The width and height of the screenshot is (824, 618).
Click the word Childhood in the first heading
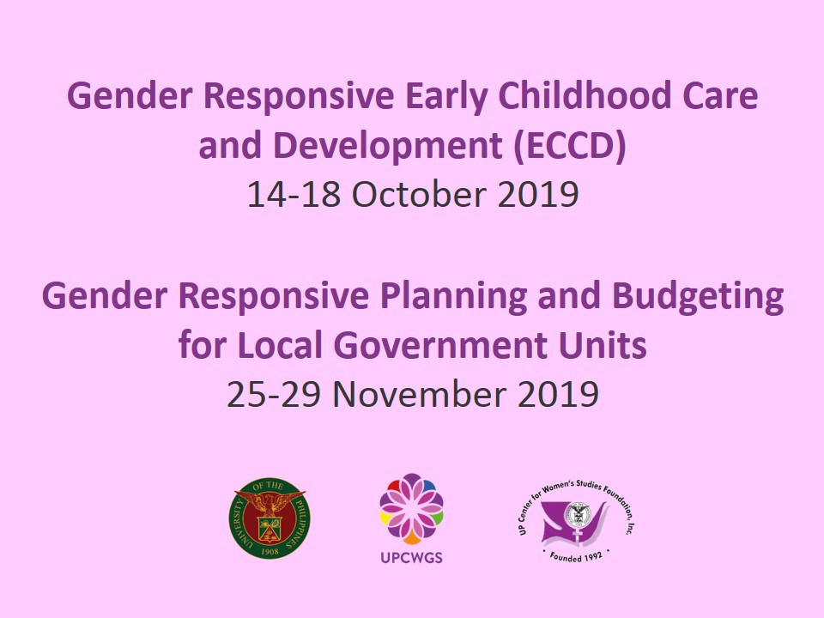[x=585, y=95]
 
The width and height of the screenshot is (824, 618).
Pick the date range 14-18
[x=294, y=195]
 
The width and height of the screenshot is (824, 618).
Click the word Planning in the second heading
[x=453, y=297]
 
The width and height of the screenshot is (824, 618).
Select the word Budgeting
[x=698, y=297]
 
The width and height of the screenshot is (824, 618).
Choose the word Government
[x=439, y=345]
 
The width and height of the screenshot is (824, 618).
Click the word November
[x=420, y=394]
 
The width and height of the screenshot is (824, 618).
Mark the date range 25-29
[x=273, y=394]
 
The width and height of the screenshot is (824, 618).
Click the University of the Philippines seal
[x=269, y=518]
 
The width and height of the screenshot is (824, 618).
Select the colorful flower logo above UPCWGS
[x=411, y=508]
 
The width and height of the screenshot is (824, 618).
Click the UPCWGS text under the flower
[x=411, y=558]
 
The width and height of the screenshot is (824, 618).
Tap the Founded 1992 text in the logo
[x=576, y=556]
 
